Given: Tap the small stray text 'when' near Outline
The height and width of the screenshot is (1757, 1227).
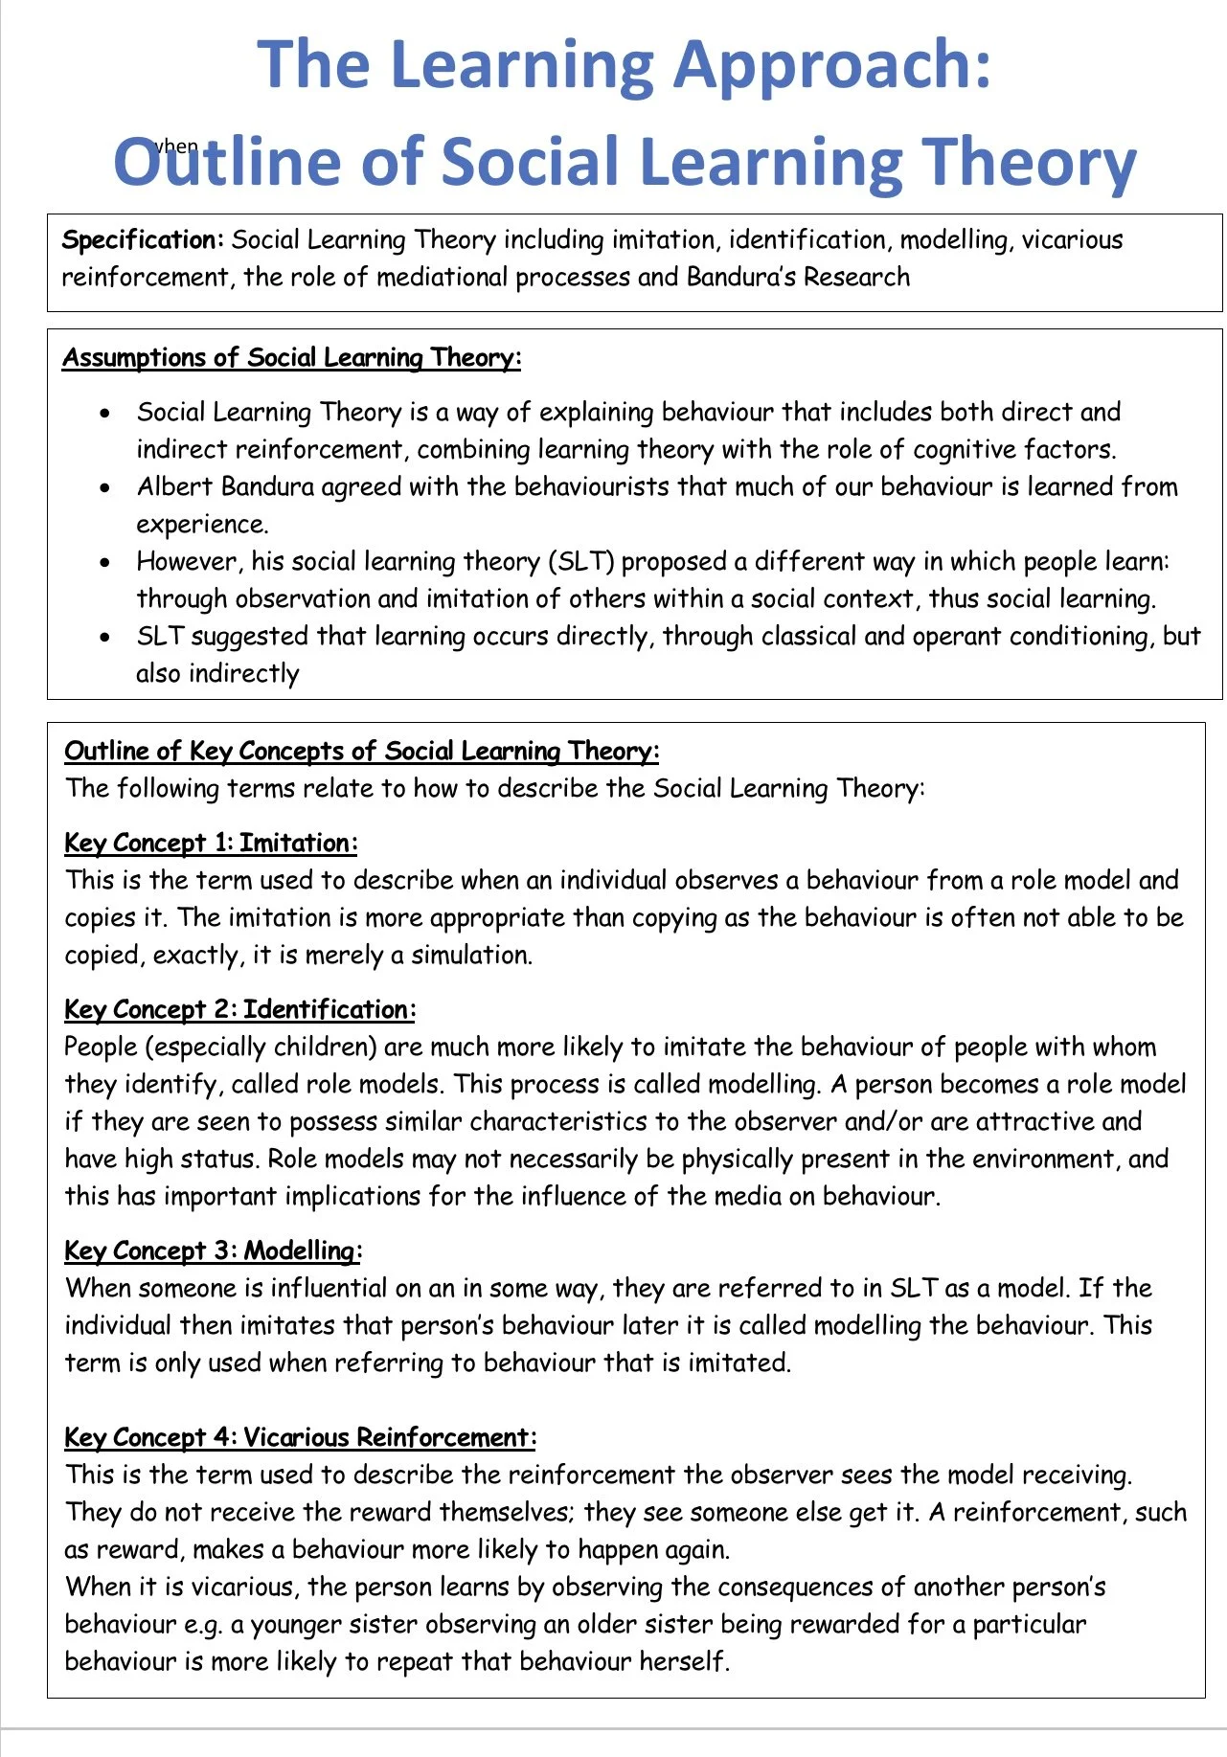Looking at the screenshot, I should pyautogui.click(x=176, y=146).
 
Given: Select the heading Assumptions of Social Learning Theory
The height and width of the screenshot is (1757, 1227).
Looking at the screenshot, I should pyautogui.click(x=292, y=358).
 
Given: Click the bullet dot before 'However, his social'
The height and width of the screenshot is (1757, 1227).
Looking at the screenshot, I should pyautogui.click(x=105, y=563).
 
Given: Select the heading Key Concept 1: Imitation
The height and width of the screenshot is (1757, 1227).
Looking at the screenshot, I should pyautogui.click(x=211, y=844).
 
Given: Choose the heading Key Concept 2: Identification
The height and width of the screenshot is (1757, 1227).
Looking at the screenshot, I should pyautogui.click(x=239, y=1010).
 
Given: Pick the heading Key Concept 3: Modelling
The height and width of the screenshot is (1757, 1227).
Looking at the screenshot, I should pyautogui.click(x=213, y=1251).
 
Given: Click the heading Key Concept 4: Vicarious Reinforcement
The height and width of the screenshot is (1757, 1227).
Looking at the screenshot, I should pyautogui.click(x=300, y=1438).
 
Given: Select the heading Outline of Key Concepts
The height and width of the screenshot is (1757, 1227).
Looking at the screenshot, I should pyautogui.click(x=361, y=752).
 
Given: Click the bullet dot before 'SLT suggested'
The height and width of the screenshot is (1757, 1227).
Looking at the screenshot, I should pyautogui.click(x=105, y=638).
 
